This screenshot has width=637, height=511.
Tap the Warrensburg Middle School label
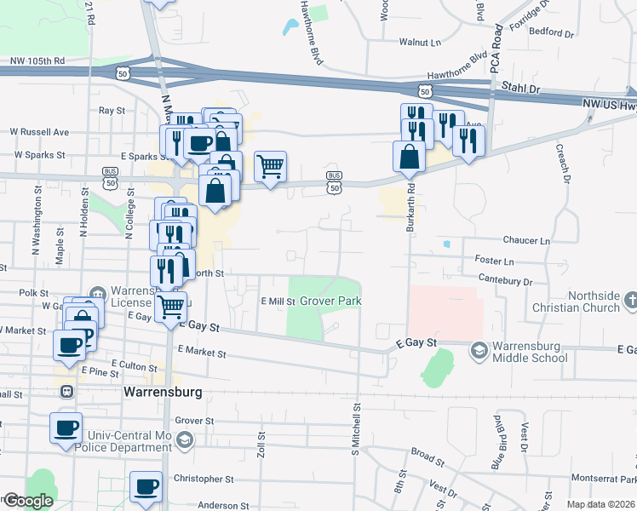[531, 352]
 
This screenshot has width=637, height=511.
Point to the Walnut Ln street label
[421, 41]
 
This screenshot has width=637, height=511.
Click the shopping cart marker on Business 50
[270, 166]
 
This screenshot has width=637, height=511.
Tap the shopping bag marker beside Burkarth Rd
[410, 156]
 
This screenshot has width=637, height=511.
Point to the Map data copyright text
[601, 504]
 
